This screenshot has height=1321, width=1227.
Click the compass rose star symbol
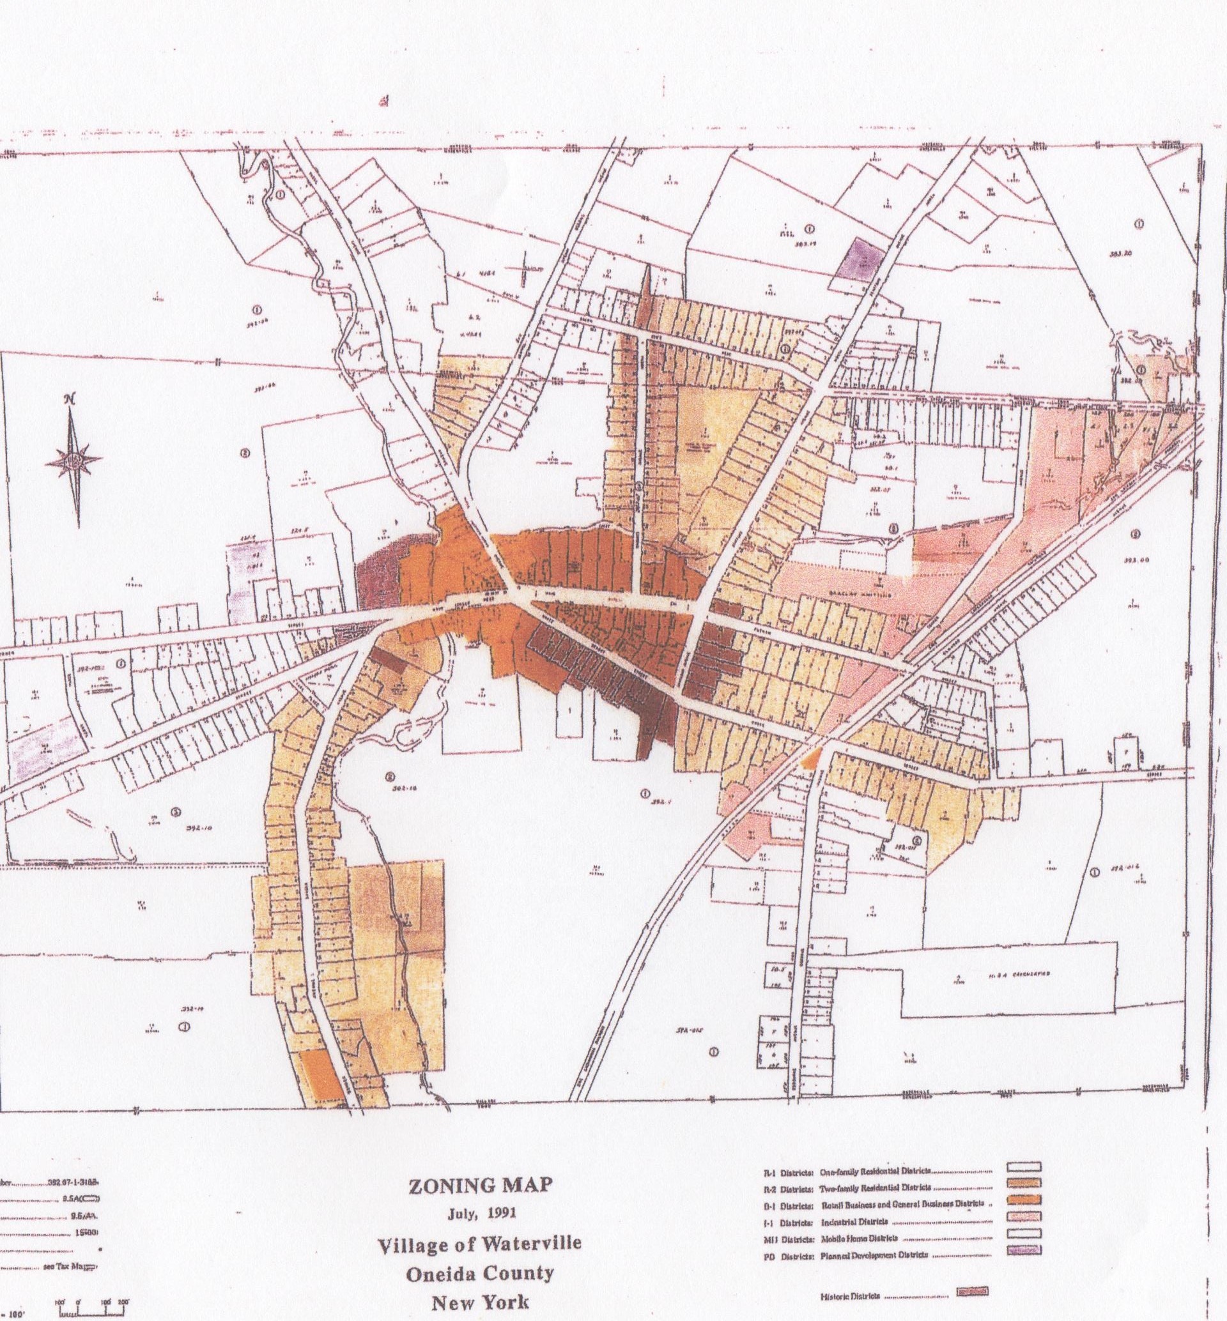73,459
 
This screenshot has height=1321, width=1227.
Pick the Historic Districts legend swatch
971,1292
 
